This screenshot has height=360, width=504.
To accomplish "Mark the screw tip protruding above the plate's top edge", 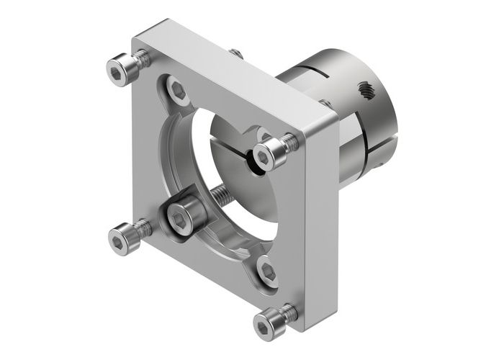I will (x=234, y=52).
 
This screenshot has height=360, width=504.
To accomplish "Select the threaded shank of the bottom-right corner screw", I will (x=290, y=311).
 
